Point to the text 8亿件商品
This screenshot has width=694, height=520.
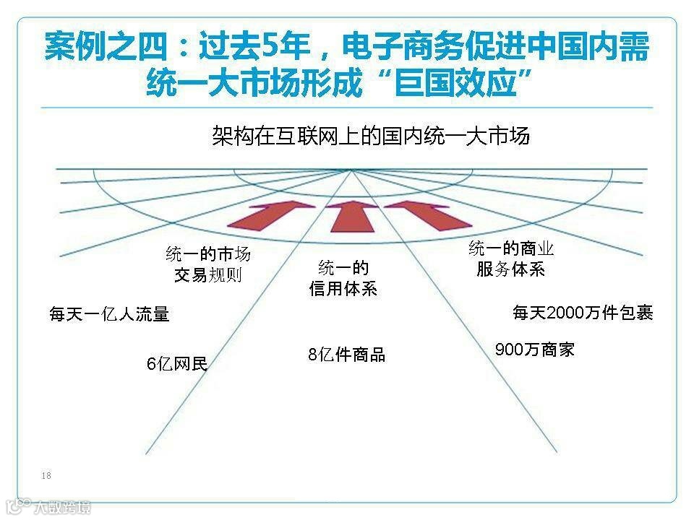346,355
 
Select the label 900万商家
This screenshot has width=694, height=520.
534,350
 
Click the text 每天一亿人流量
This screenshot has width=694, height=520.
109,314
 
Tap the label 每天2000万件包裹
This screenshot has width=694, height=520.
583,313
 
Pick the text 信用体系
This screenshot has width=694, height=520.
343,289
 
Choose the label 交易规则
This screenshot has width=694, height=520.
207,275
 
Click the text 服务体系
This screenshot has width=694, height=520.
510,269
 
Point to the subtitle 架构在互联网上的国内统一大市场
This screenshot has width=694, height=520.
371,136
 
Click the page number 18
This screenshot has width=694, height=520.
46,475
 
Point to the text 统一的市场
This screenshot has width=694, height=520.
208,254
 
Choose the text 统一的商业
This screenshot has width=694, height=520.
511,249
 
